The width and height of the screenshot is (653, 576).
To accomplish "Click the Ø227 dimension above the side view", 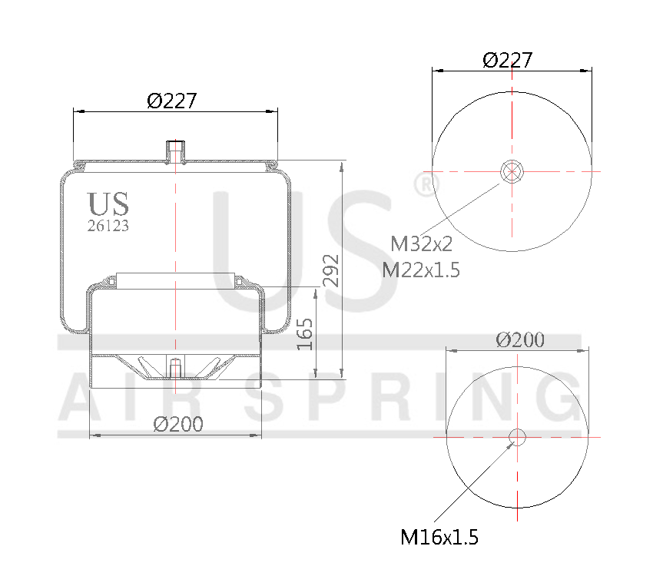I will [x=172, y=101].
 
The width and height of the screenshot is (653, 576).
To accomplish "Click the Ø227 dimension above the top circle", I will [x=507, y=61].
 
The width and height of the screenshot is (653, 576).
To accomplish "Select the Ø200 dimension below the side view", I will [x=178, y=424].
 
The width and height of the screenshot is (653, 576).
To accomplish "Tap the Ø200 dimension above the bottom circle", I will [x=520, y=340].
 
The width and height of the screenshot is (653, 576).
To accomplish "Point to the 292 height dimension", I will [x=331, y=271].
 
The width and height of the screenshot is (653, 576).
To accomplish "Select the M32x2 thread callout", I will [x=422, y=244].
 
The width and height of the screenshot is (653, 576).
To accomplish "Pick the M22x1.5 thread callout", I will [x=422, y=269].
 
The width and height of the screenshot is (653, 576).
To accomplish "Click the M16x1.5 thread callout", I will [x=439, y=537].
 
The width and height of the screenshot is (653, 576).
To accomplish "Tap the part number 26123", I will [x=108, y=226].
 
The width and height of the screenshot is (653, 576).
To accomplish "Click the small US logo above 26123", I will [x=108, y=204].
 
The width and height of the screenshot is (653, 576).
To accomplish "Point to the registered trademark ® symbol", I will [x=424, y=184].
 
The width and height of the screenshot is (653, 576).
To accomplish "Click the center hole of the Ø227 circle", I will [x=512, y=170].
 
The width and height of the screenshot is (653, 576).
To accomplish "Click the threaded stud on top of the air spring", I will [x=176, y=151].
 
